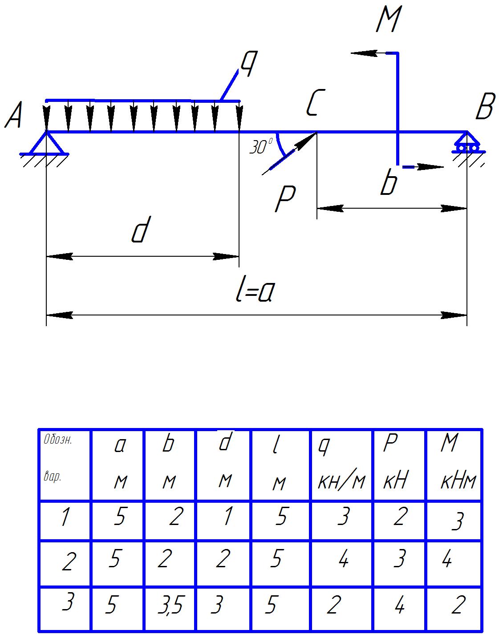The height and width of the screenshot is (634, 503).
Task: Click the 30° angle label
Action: pyautogui.click(x=261, y=147)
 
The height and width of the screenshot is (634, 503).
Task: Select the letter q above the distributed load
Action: pyautogui.click(x=249, y=63)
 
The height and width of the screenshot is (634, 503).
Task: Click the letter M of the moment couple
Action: pyautogui.click(x=388, y=20)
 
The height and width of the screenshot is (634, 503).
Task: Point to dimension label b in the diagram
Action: pyautogui.click(x=389, y=183)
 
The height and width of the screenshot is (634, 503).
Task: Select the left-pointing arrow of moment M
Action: pyautogui.click(x=363, y=53)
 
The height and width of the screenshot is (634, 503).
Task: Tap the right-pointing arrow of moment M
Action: pyautogui.click(x=432, y=167)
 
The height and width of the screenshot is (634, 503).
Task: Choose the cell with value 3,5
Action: pyautogui.click(x=170, y=606)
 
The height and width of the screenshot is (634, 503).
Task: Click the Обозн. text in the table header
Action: pyautogui.click(x=58, y=441)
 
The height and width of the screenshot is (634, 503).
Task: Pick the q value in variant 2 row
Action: pyautogui.click(x=343, y=560)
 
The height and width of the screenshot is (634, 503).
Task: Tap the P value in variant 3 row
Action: pyautogui.click(x=399, y=606)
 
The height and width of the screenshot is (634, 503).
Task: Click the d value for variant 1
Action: pyautogui.click(x=227, y=517)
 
